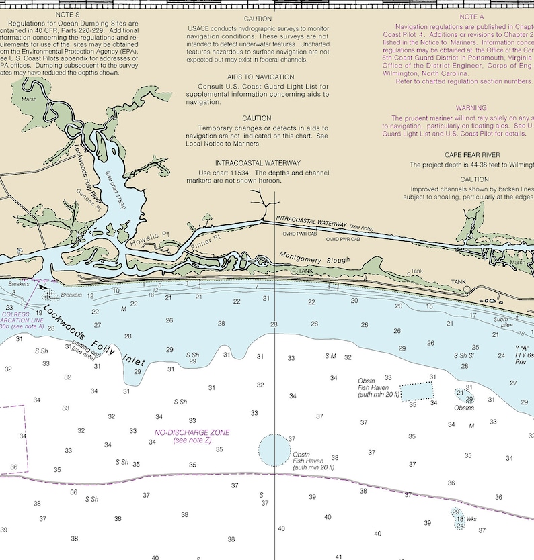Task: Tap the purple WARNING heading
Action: pyautogui.click(x=471, y=108)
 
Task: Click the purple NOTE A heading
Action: pyautogui.click(x=471, y=17)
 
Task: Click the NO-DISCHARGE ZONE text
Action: pyautogui.click(x=192, y=433)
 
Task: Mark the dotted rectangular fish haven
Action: pyautogui.click(x=417, y=392)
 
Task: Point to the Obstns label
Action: pyautogui.click(x=464, y=408)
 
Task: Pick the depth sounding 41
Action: pyautogui.click(x=339, y=557)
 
